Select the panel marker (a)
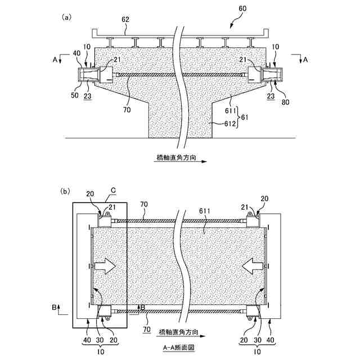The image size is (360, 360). click(x=66, y=17)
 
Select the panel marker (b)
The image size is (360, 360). click(x=66, y=191)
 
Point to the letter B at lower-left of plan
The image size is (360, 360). click(x=54, y=307)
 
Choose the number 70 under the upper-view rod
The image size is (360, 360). click(x=127, y=110)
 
